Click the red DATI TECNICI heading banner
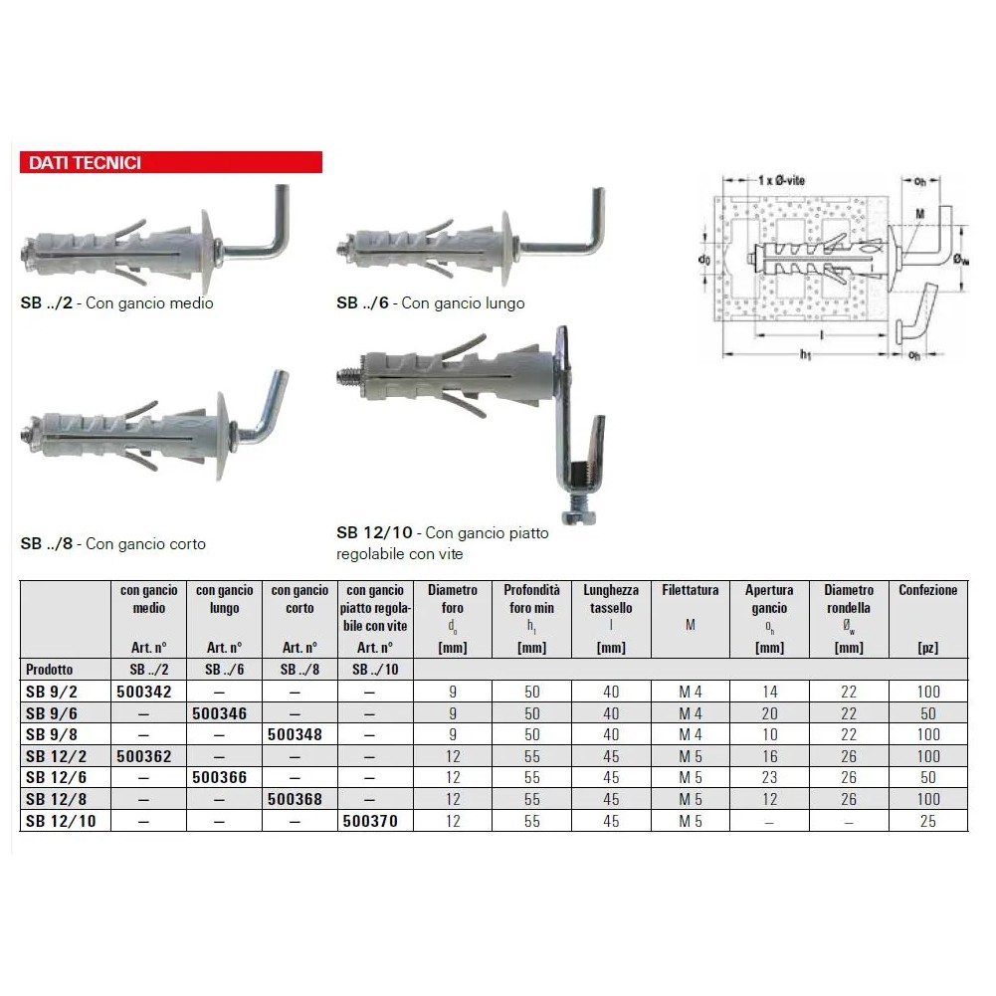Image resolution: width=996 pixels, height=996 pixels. pos(171,162)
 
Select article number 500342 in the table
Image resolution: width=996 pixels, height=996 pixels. pos(144,692)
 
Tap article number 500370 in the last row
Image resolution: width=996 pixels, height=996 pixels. pos(370,821)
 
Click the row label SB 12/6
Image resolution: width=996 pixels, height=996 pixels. pos(57,777)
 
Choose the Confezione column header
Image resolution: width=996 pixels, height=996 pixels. pos(928,590)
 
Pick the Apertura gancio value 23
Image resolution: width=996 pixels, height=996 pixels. pos(770,777)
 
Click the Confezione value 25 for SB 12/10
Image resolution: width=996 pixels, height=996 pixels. pos(928,821)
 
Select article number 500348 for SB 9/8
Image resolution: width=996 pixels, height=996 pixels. pos(295,735)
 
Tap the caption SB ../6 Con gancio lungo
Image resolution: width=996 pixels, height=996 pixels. pos(431,303)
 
